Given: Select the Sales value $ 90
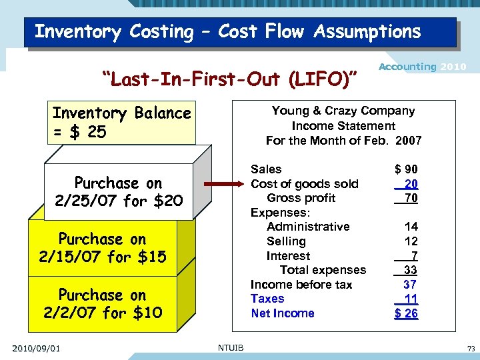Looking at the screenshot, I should click(406, 169).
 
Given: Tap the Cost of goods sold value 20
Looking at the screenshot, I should click(411, 184).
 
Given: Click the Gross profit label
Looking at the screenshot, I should click(301, 198).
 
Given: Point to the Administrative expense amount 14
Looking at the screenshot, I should click(411, 227).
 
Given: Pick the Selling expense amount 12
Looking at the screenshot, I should click(411, 241).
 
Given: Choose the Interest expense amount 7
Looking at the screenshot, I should click(414, 256).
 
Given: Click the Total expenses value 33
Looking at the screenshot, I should click(411, 270).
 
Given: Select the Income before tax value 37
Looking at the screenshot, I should click(411, 285).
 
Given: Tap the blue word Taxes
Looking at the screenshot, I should click(267, 299).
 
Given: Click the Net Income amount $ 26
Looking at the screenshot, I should click(406, 313).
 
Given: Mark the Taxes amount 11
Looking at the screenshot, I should click(411, 299).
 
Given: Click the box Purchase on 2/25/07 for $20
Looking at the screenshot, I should click(118, 191).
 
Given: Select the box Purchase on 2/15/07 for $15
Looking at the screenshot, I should click(103, 247).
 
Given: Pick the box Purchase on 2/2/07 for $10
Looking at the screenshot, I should click(103, 303).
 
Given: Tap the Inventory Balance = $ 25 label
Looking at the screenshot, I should click(121, 123).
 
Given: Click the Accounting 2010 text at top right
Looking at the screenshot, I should click(422, 67).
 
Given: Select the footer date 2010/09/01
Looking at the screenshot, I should click(36, 347).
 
